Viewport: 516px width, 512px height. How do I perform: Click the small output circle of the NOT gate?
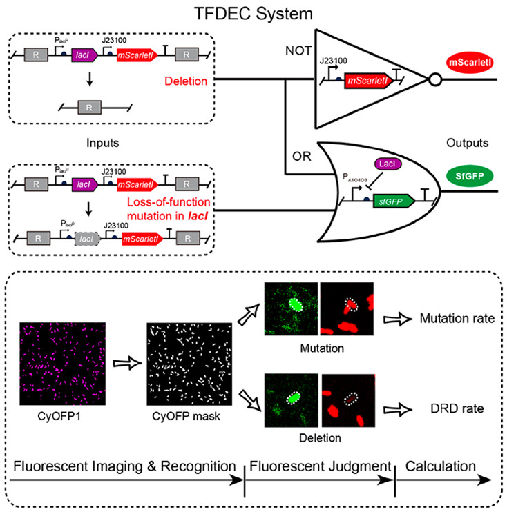(x=434, y=78)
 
